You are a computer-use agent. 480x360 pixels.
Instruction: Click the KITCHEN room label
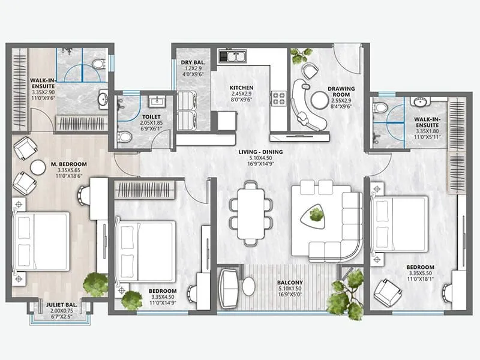[x=241, y=88]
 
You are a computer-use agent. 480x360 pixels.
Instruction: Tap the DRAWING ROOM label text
[x=341, y=89]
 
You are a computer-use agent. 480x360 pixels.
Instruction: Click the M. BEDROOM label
[x=68, y=164]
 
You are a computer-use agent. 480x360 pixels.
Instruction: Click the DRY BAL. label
[x=193, y=61]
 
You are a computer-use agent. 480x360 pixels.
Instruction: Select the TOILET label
[x=151, y=118]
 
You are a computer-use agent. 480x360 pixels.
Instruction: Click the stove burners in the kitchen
[x=279, y=98]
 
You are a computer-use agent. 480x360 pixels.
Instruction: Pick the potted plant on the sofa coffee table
[x=316, y=214]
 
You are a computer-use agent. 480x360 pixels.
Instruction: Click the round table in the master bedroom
[x=38, y=167]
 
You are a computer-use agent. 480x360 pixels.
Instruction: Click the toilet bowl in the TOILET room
[x=125, y=137]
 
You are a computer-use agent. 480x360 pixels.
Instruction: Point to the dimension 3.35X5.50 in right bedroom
[x=419, y=273]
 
